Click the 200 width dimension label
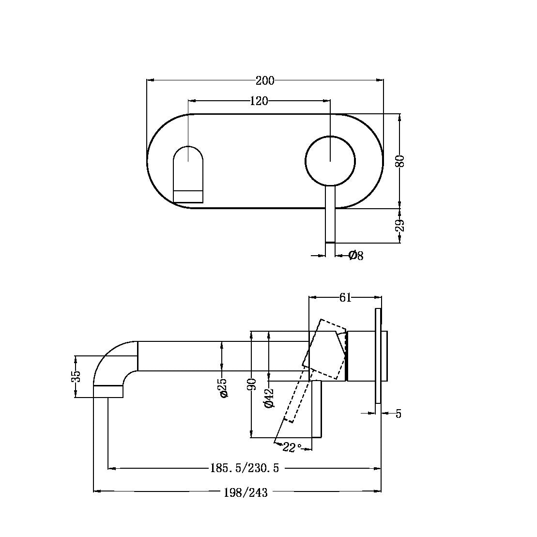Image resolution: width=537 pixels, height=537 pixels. click(x=265, y=80)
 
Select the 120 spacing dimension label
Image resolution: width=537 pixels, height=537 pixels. click(x=259, y=101)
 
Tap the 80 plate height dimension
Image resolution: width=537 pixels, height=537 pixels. click(x=400, y=161)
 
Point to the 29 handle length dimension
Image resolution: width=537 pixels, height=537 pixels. click(x=400, y=226)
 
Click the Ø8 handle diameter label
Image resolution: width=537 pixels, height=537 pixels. click(x=356, y=255)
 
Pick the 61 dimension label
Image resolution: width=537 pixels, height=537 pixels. click(x=345, y=297)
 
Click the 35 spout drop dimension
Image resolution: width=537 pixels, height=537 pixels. click(x=76, y=377)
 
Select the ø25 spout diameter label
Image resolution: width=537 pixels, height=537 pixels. click(x=223, y=388)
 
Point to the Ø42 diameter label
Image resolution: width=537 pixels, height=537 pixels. click(x=270, y=398)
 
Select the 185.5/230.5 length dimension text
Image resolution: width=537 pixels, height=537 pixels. click(x=245, y=468)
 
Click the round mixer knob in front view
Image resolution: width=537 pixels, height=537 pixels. click(x=330, y=161)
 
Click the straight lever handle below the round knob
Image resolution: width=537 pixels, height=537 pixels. click(x=330, y=213)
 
